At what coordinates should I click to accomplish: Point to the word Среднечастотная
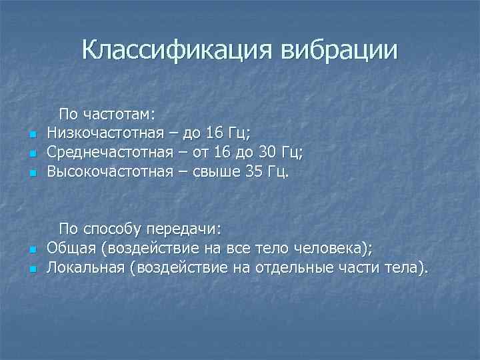[114, 153]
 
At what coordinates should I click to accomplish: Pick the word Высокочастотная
[115, 173]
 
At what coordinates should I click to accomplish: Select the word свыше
[215, 173]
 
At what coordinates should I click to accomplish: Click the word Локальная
[85, 268]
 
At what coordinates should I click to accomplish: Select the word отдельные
[293, 268]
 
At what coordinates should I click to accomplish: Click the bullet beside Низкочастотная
[31, 135]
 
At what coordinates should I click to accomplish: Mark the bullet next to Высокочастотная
[31, 173]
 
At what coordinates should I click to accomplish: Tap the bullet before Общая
[31, 250]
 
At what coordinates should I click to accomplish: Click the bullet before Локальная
[31, 269]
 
